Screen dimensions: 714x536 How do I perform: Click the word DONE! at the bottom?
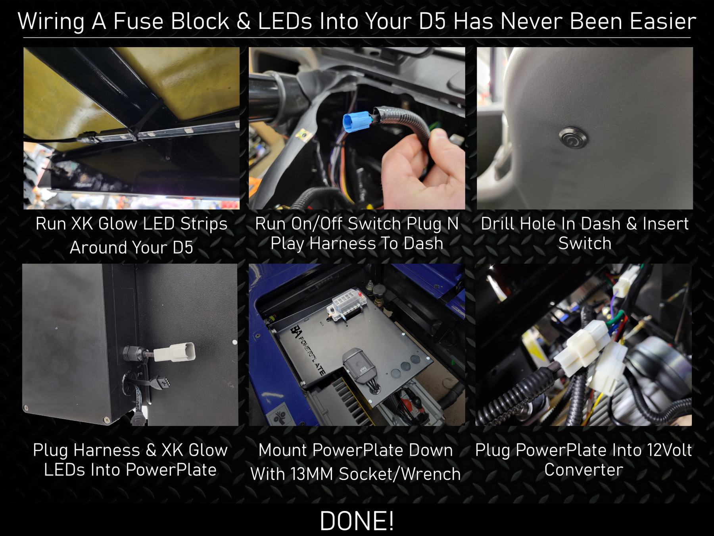tap(357, 521)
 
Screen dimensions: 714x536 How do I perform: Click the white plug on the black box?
tap(175, 352)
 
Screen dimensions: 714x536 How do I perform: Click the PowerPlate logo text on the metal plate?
tap(309, 350)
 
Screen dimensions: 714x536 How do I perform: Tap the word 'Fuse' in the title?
tap(138, 21)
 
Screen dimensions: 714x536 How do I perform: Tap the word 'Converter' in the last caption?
tap(584, 470)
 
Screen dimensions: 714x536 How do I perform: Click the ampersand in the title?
tap(244, 22)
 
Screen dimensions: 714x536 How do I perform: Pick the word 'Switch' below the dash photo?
tap(585, 243)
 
